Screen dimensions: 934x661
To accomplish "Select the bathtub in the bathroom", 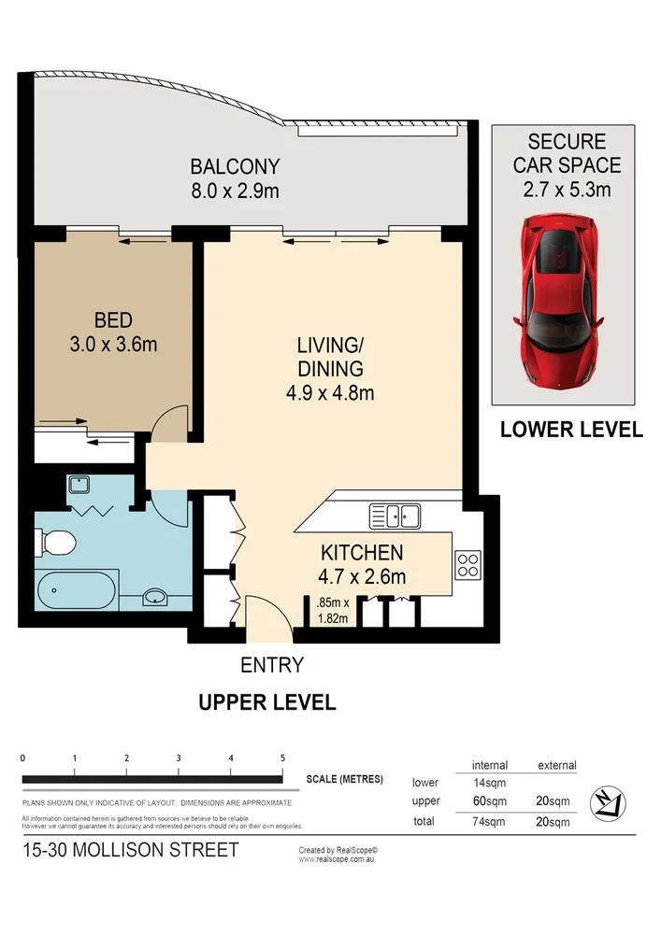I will click(x=78, y=589).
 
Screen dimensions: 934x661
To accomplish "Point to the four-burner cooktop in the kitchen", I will click(x=467, y=563).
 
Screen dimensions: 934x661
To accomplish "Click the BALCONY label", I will click(x=235, y=167).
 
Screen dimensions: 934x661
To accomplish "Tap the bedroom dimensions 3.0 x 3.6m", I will click(x=113, y=344).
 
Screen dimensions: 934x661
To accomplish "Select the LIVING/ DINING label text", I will click(x=329, y=356).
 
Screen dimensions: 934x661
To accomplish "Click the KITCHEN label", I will click(x=362, y=552).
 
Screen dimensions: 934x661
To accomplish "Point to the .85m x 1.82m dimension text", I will click(x=332, y=609).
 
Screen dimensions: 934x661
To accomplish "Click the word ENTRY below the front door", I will click(x=272, y=665).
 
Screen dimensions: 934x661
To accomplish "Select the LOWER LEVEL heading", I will click(x=571, y=430).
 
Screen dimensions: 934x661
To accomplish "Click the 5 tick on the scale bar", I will click(x=282, y=757).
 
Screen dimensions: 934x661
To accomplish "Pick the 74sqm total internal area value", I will click(x=490, y=822).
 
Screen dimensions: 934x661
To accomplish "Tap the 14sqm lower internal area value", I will click(x=490, y=783).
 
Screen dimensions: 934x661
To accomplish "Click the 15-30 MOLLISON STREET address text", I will click(x=131, y=850).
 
